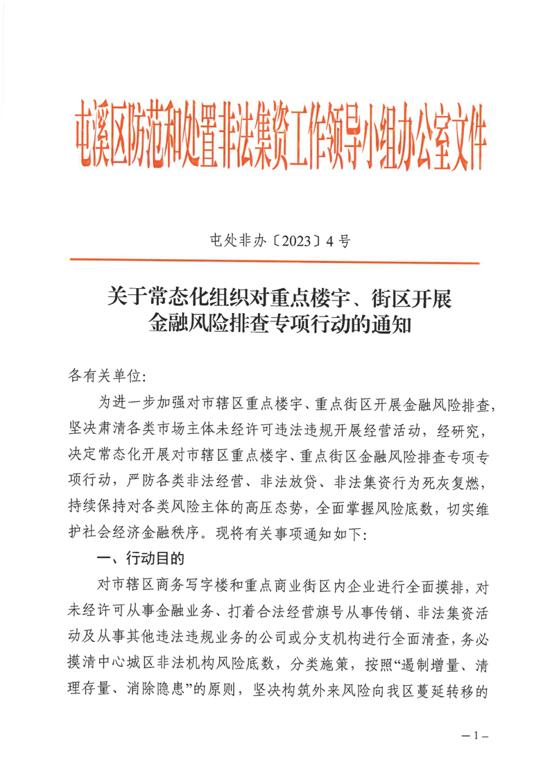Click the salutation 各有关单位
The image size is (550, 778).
[x=104, y=375]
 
